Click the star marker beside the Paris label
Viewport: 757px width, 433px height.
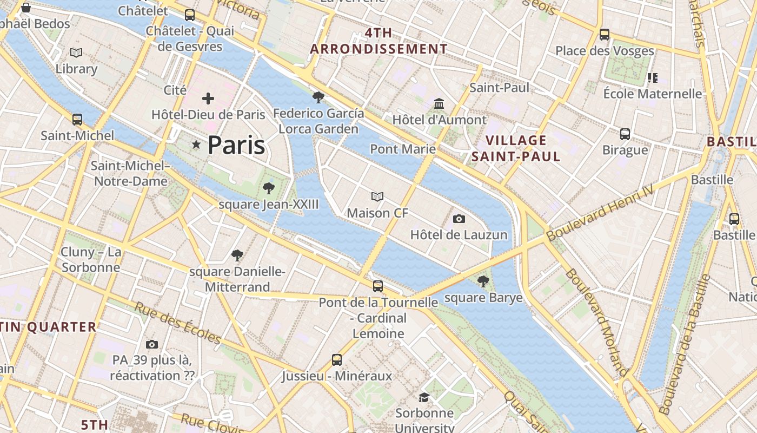196,145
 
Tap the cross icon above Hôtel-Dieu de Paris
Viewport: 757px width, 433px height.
208,99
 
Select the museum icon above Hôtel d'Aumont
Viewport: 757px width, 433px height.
439,103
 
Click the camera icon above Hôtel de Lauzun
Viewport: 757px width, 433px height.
459,219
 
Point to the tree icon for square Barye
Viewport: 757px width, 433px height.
483,281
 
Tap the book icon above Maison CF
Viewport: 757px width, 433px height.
377,196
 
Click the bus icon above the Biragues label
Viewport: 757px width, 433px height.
625,134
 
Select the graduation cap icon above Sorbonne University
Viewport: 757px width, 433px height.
424,398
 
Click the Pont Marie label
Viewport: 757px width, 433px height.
403,149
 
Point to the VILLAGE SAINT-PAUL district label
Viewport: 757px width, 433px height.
516,148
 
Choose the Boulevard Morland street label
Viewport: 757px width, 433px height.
597,322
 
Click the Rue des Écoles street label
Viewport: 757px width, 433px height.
178,323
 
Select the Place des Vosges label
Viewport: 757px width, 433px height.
605,51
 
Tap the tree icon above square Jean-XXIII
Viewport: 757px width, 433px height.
268,188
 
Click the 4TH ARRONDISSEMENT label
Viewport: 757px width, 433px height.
378,41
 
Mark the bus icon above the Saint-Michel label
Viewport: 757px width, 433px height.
77,120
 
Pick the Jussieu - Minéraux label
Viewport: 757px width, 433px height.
337,376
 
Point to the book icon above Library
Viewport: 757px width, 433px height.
76,53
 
